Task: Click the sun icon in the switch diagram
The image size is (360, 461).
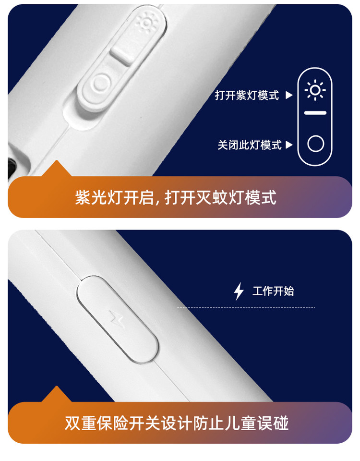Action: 315,90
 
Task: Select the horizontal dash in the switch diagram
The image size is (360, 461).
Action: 315,113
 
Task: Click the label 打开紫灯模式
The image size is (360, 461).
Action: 247,95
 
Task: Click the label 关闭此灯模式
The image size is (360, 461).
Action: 250,145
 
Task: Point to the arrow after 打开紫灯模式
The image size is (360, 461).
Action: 289,95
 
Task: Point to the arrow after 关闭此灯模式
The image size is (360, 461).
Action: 289,145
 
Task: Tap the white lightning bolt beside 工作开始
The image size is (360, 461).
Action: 239,291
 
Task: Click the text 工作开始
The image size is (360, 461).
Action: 273,291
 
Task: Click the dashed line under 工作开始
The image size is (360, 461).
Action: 246,307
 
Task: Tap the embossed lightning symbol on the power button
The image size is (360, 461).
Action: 117,319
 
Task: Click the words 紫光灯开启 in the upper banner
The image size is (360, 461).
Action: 115,197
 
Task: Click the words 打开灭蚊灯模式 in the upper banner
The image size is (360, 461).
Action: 221,197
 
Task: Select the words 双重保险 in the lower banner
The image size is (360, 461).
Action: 96,423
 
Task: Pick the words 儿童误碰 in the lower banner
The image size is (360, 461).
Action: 256,423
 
